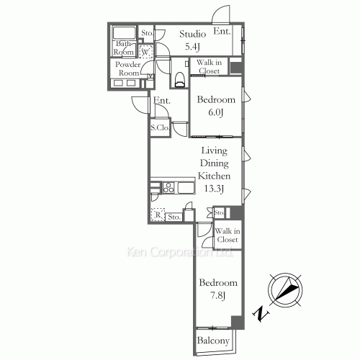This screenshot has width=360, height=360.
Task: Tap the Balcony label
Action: coord(213,341)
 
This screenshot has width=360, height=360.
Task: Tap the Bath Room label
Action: coord(124,48)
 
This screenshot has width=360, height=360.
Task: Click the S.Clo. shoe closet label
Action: coord(160,128)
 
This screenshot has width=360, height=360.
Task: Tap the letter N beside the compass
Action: coord(258,314)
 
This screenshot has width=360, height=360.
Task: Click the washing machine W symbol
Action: coord(145,52)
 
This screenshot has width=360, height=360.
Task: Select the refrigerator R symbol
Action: coord(158,215)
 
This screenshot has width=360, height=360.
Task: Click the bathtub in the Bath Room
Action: coord(124,32)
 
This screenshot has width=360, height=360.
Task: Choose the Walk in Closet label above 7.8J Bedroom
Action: coord(228,235)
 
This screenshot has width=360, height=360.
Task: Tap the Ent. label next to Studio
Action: coord(222,32)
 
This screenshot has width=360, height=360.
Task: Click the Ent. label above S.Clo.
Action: coord(162,102)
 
